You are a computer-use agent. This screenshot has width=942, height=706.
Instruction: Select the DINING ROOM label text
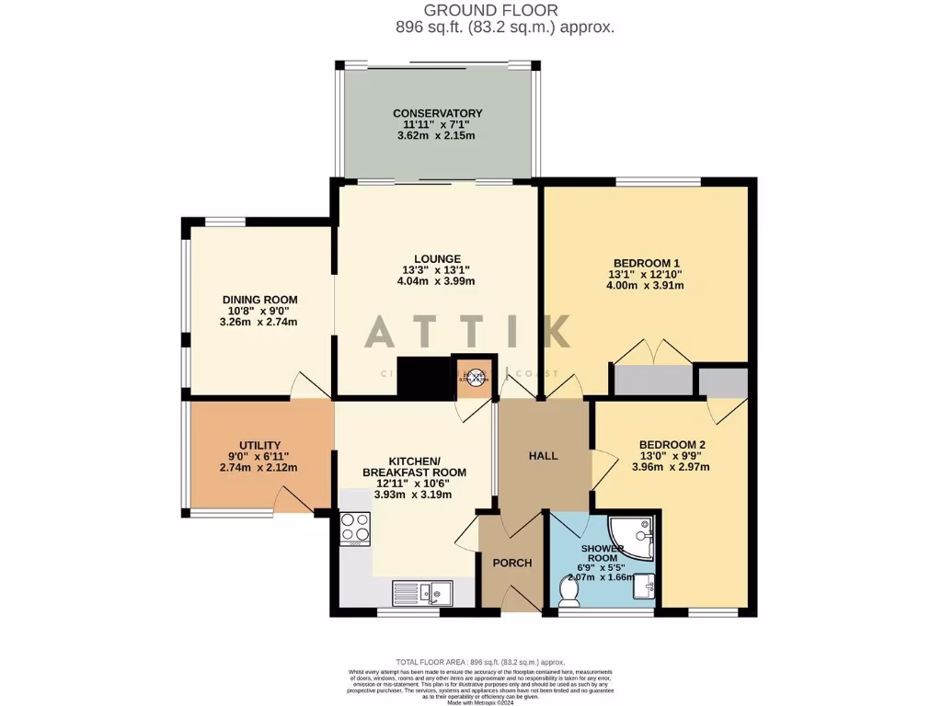[259, 300]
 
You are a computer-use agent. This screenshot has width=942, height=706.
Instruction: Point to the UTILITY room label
[259, 445]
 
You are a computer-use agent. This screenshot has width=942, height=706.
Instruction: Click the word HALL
[543, 456]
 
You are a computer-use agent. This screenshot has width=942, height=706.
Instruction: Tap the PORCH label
[512, 563]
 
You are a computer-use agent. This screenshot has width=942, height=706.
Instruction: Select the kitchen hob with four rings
[355, 528]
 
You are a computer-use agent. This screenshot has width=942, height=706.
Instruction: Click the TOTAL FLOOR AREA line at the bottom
[479, 662]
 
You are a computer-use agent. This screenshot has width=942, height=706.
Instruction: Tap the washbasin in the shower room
[647, 586]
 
